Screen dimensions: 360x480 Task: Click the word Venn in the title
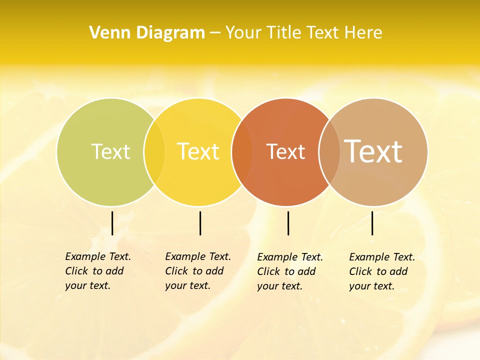[105, 33]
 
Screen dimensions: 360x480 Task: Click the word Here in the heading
[363, 33]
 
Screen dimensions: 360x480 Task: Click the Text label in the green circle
[110, 151]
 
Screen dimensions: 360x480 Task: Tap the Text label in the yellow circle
[198, 151]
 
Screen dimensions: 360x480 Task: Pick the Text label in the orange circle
[285, 152]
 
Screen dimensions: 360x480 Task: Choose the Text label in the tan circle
[373, 151]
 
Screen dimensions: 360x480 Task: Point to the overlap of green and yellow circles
[154, 152]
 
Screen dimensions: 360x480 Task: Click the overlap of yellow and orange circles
[242, 152]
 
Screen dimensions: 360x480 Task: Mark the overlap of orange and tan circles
[329, 152]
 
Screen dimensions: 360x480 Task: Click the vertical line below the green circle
[112, 223]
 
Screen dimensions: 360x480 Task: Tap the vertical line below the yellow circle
[200, 223]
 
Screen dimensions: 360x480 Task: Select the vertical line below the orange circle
[288, 223]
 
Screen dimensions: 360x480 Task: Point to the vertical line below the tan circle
[372, 223]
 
